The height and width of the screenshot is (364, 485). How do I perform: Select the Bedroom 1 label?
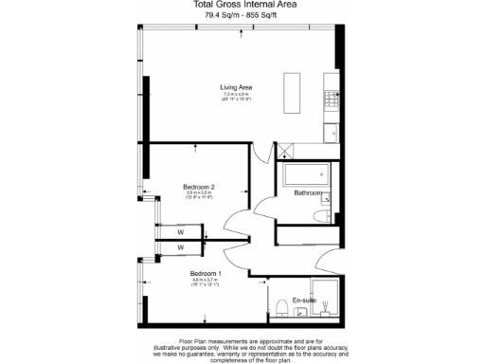click(207, 273)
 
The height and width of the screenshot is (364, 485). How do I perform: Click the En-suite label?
click(303, 300)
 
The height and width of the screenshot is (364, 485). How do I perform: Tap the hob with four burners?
click(331, 97)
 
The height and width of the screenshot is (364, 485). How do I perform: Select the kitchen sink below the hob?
click(331, 133)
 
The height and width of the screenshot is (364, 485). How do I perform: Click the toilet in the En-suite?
click(283, 303)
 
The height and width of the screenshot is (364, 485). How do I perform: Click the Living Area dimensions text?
click(237, 97)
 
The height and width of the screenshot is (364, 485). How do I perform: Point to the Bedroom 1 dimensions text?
click(207, 282)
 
